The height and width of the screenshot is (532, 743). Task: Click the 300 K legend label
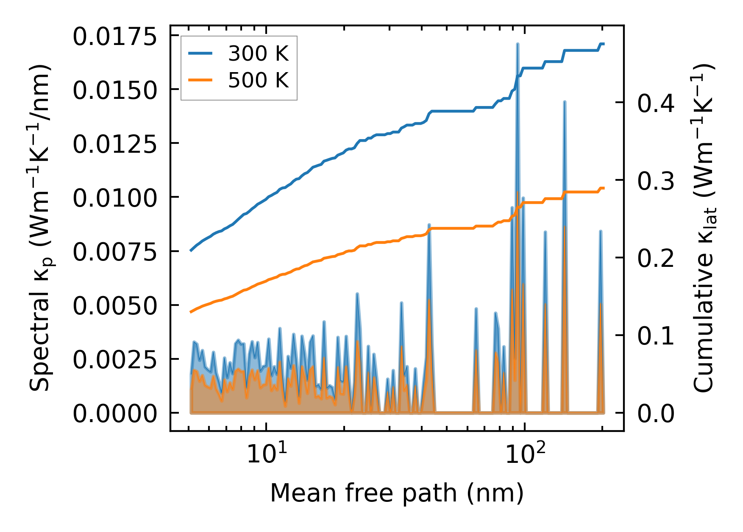(258, 54)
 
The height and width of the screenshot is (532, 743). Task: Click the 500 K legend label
(258, 80)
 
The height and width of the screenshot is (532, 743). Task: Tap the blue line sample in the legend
(200, 53)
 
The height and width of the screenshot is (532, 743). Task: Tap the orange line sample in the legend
(200, 80)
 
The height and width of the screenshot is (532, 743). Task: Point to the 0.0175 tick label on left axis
(115, 37)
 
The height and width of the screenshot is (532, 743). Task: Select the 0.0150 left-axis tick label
(115, 91)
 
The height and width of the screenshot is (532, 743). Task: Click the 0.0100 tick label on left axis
(115, 199)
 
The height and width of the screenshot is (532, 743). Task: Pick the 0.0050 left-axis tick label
(115, 306)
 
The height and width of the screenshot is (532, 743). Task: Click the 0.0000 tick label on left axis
(115, 414)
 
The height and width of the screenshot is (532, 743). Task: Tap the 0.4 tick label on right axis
(656, 104)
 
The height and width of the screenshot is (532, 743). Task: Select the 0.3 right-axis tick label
(656, 181)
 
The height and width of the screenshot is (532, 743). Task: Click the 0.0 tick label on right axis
(656, 414)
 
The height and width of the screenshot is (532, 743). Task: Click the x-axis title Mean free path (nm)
(397, 493)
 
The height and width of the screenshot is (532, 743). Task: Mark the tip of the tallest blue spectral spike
(518, 44)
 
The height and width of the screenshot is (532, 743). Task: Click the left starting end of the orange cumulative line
(191, 312)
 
